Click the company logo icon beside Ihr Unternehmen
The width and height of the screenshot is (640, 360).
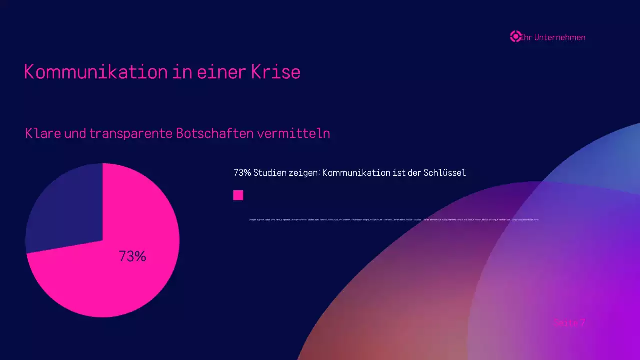(515, 37)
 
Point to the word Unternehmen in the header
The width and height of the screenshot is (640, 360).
(559, 37)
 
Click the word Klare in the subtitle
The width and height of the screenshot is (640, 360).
(43, 134)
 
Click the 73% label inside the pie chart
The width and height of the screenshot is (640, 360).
(132, 256)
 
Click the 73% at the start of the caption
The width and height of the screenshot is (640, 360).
(242, 173)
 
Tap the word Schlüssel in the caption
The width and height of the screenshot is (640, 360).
(444, 173)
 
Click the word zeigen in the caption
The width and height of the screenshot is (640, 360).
(304, 173)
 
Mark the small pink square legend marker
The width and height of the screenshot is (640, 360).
(238, 195)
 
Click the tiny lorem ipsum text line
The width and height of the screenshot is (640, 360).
(393, 220)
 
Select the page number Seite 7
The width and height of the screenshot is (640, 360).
(569, 323)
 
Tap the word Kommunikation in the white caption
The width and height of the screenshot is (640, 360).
(356, 173)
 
